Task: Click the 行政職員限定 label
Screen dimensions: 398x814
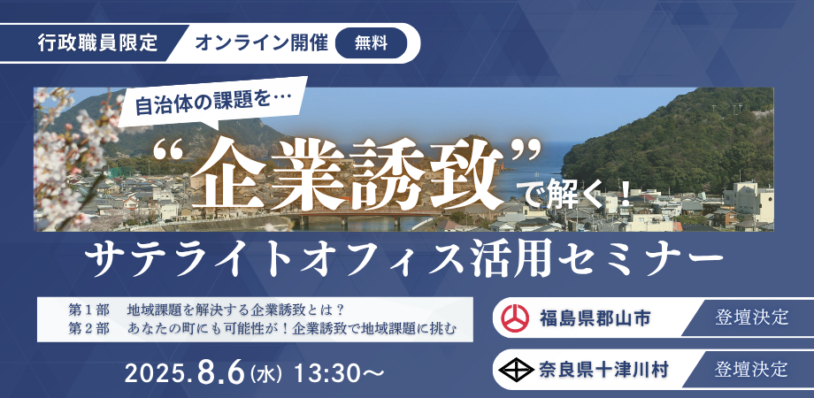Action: pos(98,42)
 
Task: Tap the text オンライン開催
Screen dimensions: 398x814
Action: pos(261,42)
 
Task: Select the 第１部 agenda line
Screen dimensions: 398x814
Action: pos(204,310)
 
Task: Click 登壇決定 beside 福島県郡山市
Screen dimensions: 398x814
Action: pos(752,317)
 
